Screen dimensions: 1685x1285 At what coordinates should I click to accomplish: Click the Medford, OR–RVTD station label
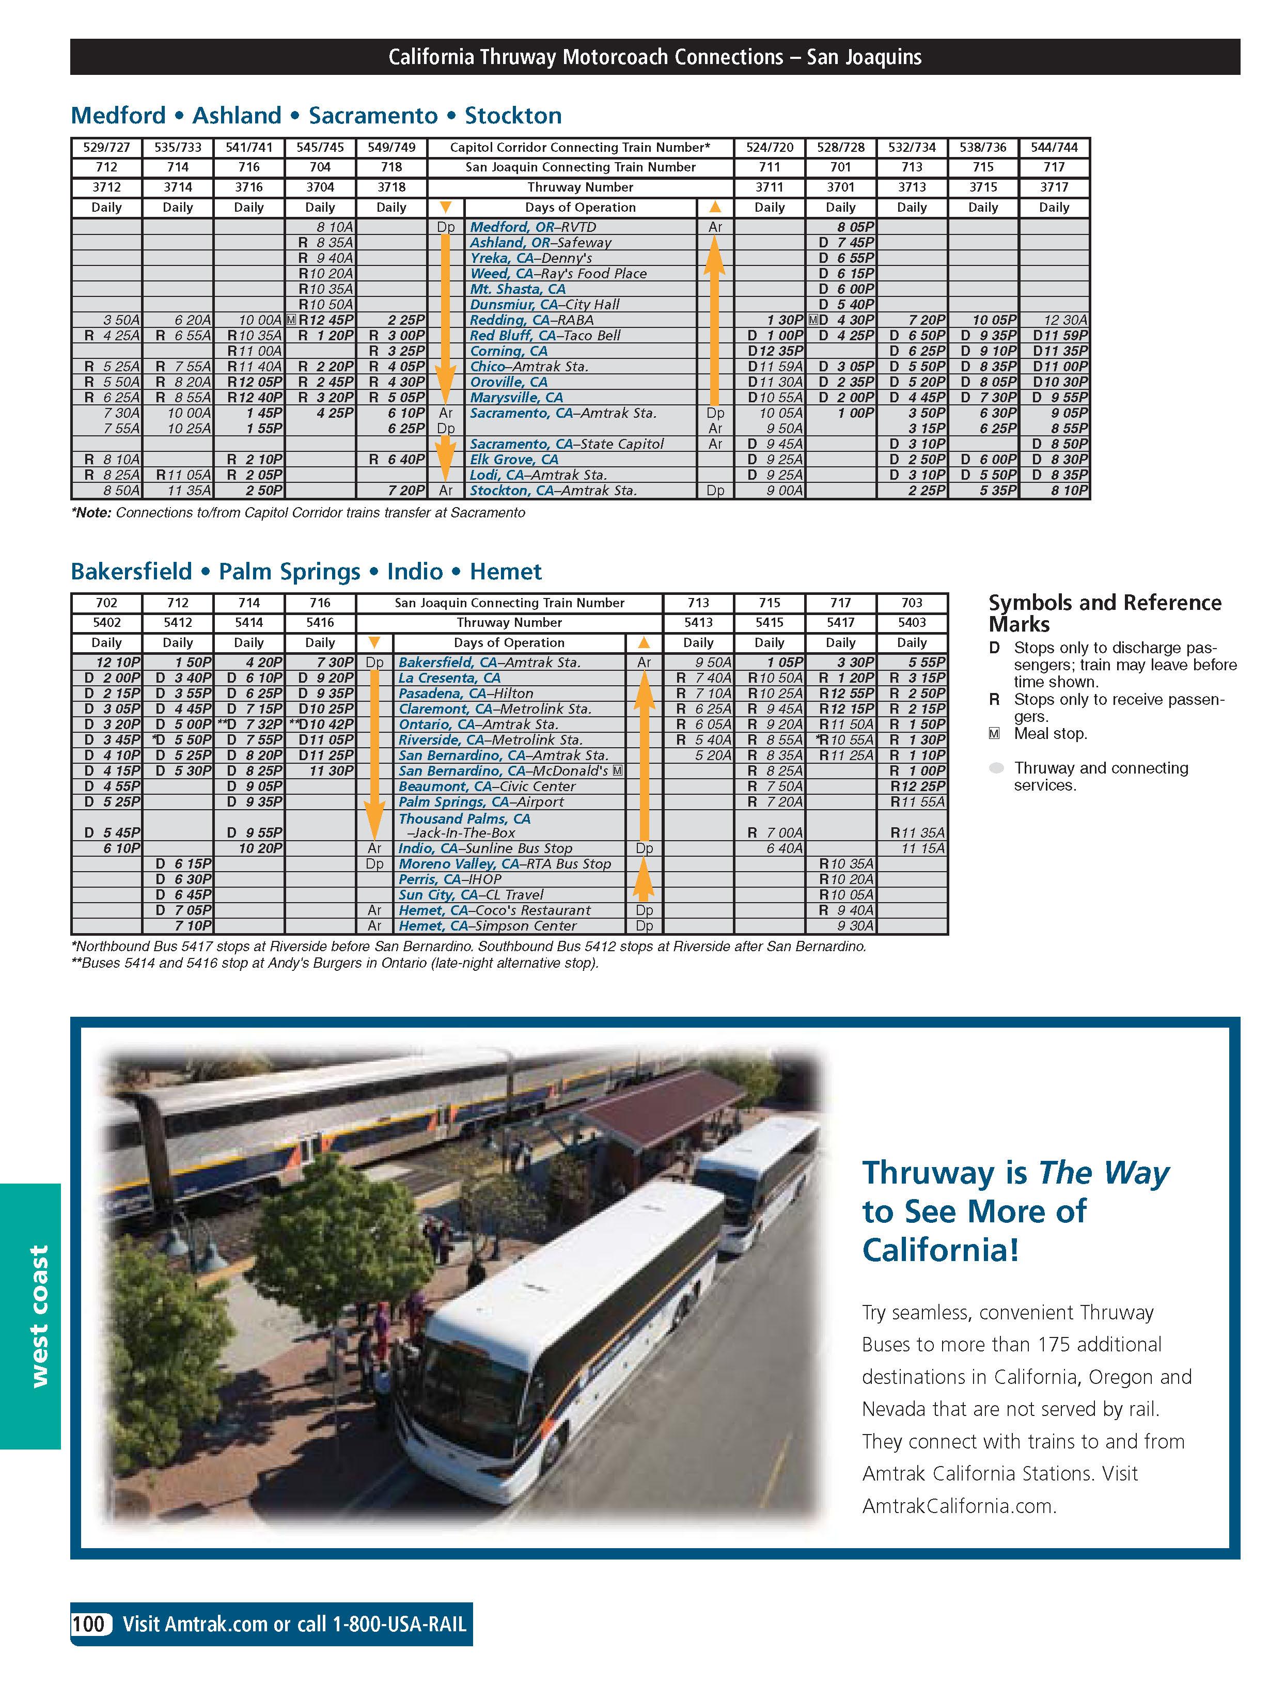(532, 227)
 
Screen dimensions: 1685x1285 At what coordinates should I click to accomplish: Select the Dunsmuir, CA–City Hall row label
(544, 305)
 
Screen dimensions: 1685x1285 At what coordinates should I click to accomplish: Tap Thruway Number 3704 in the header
(320, 187)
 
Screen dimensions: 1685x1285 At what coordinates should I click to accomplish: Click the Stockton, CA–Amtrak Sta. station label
(553, 490)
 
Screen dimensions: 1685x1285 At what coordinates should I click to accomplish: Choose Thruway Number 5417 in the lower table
(841, 623)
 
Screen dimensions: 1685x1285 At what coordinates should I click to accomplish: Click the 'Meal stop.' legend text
(1050, 733)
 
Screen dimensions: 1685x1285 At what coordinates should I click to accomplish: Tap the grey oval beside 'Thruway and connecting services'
(995, 768)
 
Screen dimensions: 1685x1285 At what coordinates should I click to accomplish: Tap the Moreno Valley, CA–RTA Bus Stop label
(504, 863)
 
